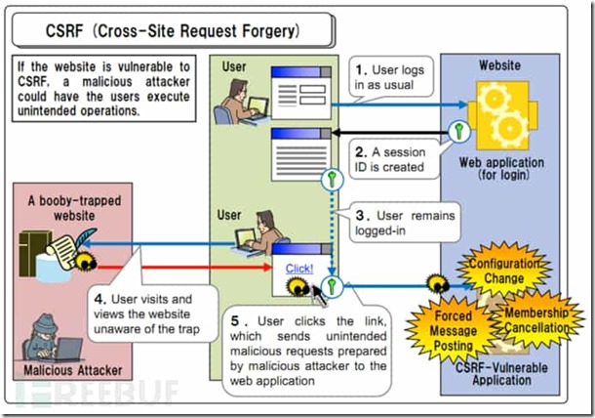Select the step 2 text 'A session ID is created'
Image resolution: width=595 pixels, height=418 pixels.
392,159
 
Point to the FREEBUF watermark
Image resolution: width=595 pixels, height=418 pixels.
98,393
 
